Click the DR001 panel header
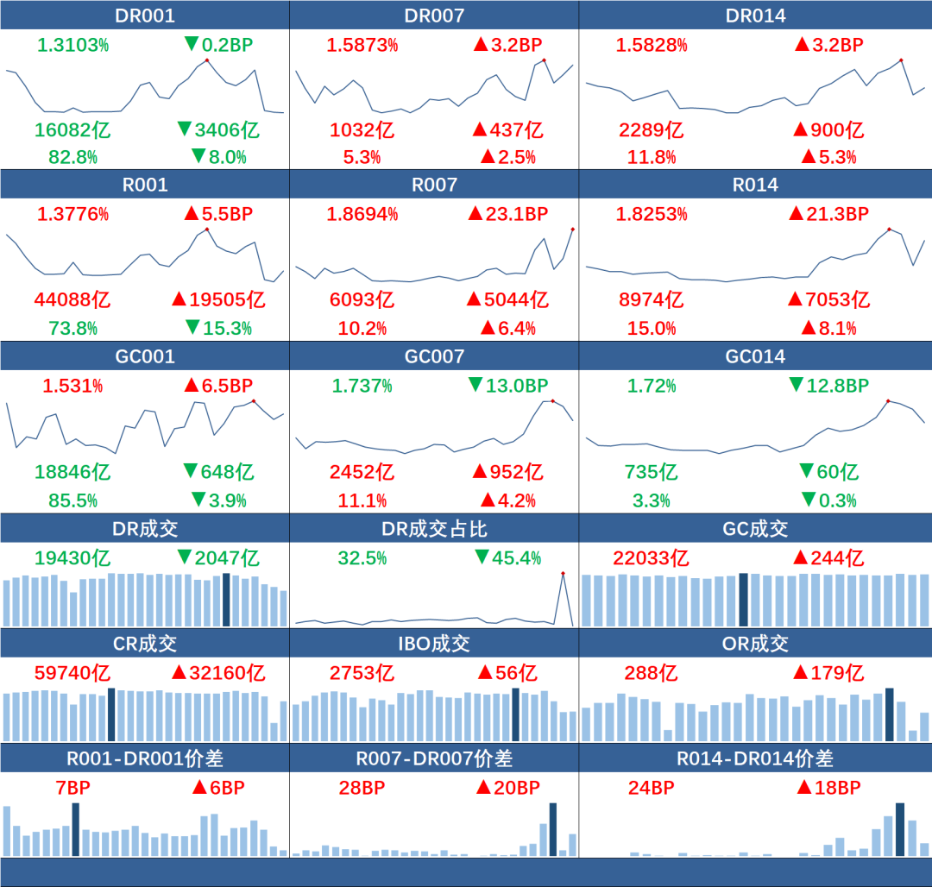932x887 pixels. pos(144,16)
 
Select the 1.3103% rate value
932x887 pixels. pos(72,45)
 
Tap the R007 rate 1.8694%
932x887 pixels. pos(362,214)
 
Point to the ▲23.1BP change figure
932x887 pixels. pos(507,214)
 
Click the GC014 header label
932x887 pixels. pos(755,356)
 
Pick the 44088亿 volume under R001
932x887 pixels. pos(72,299)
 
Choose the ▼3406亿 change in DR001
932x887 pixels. pos(217,130)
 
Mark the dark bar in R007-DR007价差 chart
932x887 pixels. pos(553,829)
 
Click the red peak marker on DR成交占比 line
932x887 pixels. pos(563,573)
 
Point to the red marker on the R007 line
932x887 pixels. pos(572,229)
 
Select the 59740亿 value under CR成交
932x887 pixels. pos(72,673)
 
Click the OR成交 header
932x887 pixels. pos(755,644)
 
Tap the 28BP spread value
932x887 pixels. pos(362,788)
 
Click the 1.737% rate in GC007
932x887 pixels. pos(362,386)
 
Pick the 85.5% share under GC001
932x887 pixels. pos(66,500)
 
